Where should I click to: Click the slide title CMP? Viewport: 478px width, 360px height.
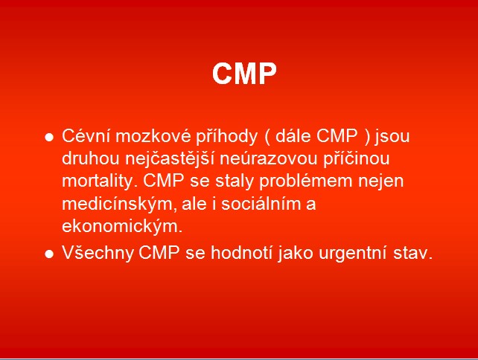click(x=244, y=74)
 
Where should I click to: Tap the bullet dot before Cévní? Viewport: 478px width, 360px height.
click(x=49, y=138)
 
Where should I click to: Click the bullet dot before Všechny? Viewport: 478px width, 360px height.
click(x=49, y=254)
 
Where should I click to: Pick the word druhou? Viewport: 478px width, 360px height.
click(x=91, y=158)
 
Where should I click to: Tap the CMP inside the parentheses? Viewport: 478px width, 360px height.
click(x=337, y=136)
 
